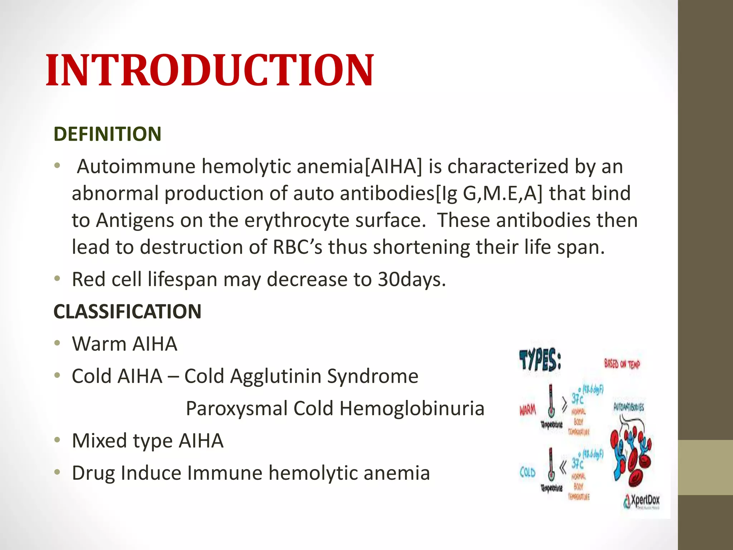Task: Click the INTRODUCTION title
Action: point(210,70)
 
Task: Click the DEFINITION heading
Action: point(107,134)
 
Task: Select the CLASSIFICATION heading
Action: point(127,311)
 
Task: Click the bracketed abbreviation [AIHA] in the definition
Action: point(393,167)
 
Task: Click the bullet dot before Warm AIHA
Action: point(57,343)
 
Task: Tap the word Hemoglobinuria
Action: point(412,408)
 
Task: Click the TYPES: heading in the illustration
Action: point(540,361)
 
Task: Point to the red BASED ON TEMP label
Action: point(622,364)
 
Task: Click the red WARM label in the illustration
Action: point(528,410)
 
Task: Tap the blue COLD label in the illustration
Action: point(527,473)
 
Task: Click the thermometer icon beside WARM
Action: point(551,401)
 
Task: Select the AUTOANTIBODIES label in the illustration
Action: point(628,407)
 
